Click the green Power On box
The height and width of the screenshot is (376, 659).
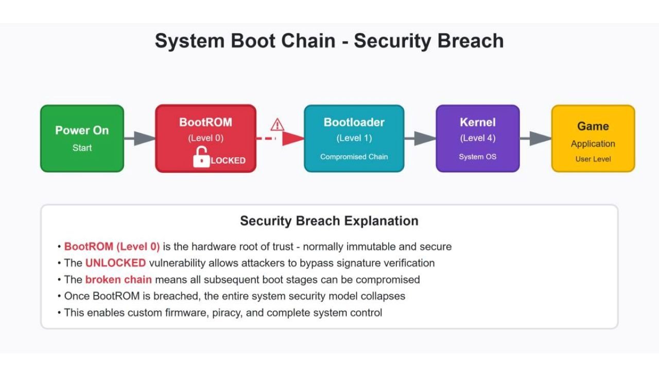82,138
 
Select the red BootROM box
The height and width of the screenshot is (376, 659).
205,138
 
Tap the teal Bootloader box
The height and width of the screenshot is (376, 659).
354,138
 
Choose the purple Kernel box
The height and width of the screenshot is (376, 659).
477,138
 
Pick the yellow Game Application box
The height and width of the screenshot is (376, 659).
593,138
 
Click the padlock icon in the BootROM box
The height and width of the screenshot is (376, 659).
201,157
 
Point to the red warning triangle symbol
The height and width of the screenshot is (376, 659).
278,124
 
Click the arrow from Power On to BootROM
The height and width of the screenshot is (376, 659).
140,138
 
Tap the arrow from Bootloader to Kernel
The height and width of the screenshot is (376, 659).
420,138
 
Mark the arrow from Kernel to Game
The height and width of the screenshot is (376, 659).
535,138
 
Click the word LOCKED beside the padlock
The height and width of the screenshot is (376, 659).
228,160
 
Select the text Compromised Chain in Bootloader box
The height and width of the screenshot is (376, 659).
354,156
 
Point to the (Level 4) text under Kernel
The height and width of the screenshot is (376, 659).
477,138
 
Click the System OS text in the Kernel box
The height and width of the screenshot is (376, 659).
477,156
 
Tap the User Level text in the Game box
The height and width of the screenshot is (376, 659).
593,159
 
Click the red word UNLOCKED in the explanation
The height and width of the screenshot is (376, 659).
115,263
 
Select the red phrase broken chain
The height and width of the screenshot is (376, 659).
118,280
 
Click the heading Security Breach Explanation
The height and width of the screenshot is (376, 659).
329,221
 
